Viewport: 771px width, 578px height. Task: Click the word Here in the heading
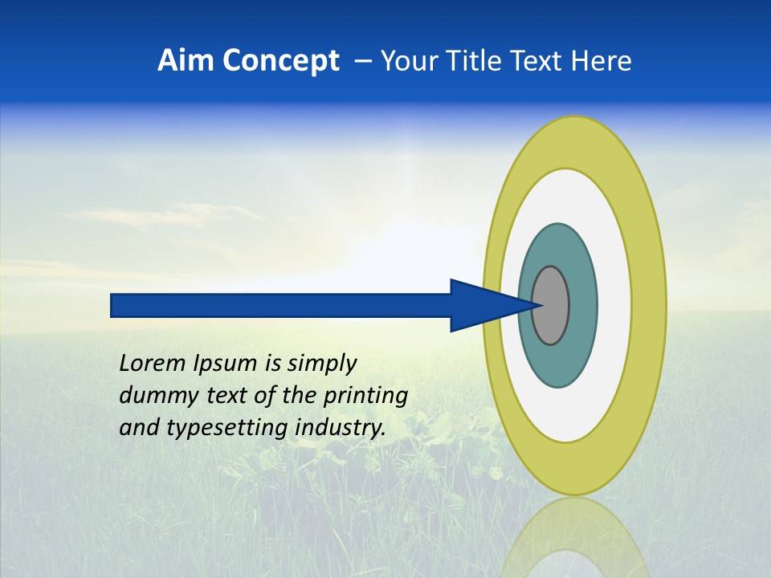(x=602, y=61)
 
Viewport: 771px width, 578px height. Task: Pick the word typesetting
(x=228, y=428)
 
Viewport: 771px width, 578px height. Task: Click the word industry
(x=341, y=428)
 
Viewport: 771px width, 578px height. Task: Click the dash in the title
(x=363, y=61)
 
